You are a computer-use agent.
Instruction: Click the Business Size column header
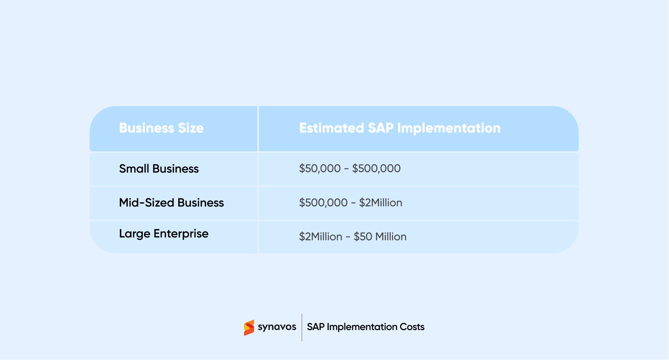coord(161,128)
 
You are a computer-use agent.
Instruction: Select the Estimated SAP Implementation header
coord(400,128)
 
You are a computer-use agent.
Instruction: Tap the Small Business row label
coord(159,169)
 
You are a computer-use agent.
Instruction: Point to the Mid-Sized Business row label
coord(171,202)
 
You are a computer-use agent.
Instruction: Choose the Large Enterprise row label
coord(164,234)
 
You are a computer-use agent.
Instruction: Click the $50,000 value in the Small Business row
coord(320,169)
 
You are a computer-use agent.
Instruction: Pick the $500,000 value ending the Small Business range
coord(376,169)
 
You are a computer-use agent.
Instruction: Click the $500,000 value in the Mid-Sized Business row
coord(323,202)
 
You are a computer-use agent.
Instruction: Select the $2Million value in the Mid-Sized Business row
coord(381,202)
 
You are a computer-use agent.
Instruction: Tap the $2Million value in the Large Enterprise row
coord(321,237)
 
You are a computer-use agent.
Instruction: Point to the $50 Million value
coord(380,237)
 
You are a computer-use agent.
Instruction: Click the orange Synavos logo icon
coord(249,327)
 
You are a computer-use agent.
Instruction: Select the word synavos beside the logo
coord(277,327)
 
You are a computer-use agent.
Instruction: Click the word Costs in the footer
coord(412,327)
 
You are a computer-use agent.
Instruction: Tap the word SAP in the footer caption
coord(316,327)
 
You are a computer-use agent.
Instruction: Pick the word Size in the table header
coord(191,128)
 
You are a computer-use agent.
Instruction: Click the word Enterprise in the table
coord(181,234)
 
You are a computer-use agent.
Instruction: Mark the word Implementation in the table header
coord(449,128)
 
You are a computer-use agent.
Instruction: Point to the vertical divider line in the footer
coord(302,327)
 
